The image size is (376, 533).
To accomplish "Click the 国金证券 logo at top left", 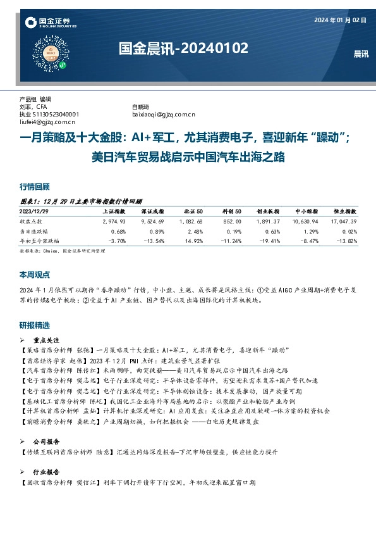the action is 47,23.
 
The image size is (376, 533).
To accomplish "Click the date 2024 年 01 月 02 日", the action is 341,20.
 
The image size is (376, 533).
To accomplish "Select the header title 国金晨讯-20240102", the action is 183,48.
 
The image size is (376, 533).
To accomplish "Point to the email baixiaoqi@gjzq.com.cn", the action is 164,114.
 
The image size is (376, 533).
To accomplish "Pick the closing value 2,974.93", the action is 114,222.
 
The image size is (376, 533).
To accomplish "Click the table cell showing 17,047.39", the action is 344,222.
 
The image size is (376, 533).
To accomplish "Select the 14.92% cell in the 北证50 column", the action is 193,241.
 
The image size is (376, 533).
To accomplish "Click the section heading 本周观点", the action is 35,275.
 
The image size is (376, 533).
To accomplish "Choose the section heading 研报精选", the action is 35,325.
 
